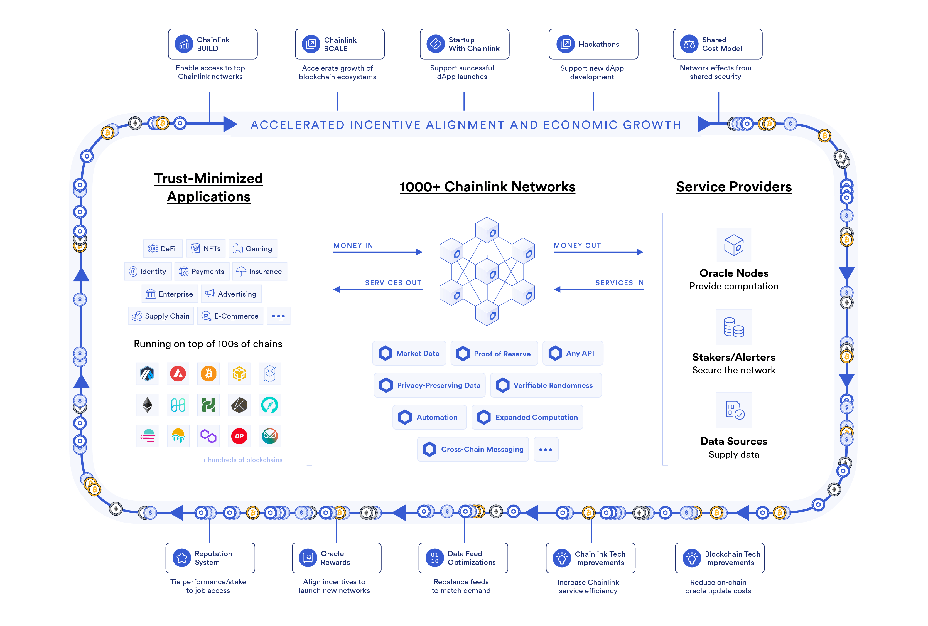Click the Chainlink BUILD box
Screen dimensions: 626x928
click(x=212, y=44)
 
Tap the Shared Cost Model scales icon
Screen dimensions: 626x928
click(x=689, y=44)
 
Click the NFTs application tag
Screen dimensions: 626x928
click(x=206, y=248)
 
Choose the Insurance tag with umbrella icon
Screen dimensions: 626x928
click(x=259, y=272)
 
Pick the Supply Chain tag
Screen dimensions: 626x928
click(x=161, y=316)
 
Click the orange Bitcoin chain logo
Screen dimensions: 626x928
click(x=208, y=374)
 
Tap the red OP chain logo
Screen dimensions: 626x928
click(x=239, y=436)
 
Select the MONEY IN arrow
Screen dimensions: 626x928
click(x=377, y=252)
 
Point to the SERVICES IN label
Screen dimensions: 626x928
click(x=619, y=283)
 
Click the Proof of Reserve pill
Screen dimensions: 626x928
click(x=494, y=353)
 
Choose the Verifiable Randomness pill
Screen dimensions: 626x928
click(x=546, y=385)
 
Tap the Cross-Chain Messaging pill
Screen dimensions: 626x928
click(x=473, y=449)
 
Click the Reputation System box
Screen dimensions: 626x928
click(x=210, y=558)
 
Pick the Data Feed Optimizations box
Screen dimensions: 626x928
click(x=463, y=558)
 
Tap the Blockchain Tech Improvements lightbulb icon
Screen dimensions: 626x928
click(x=692, y=558)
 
